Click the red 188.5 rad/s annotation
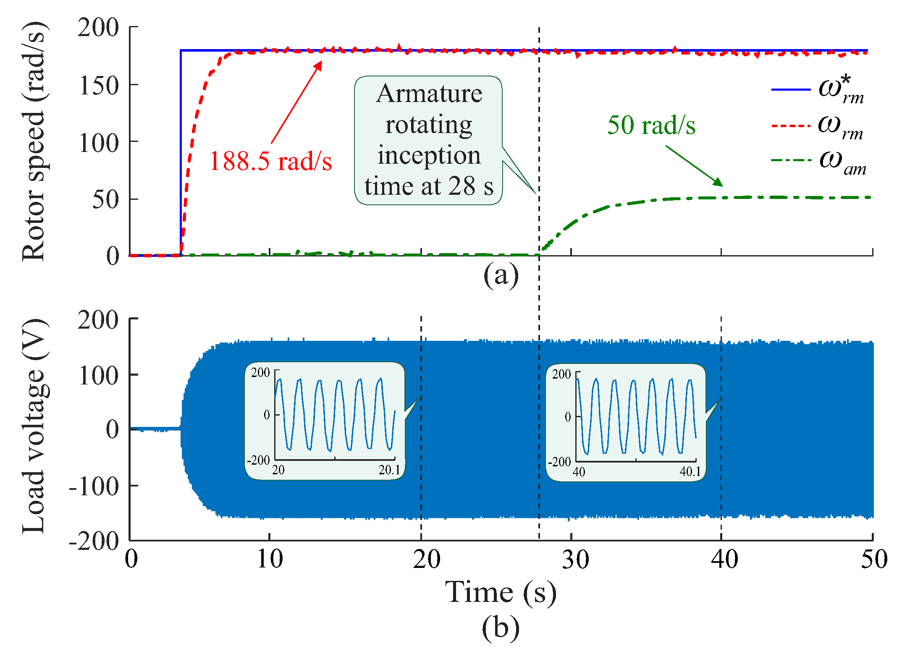pos(270,161)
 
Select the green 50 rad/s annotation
pos(651,125)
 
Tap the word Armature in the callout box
pos(429,94)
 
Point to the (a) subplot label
pos(501,276)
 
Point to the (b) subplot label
pos(501,628)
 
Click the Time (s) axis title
pos(501,593)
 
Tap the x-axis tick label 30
pos(575,560)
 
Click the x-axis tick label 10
pos(270,560)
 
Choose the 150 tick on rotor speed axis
pos(99,86)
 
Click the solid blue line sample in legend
pos(791,89)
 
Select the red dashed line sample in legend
pos(791,125)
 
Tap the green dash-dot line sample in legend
pos(791,160)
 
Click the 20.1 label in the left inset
pos(389,470)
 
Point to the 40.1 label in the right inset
pos(690,472)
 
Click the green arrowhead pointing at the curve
pos(718,183)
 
